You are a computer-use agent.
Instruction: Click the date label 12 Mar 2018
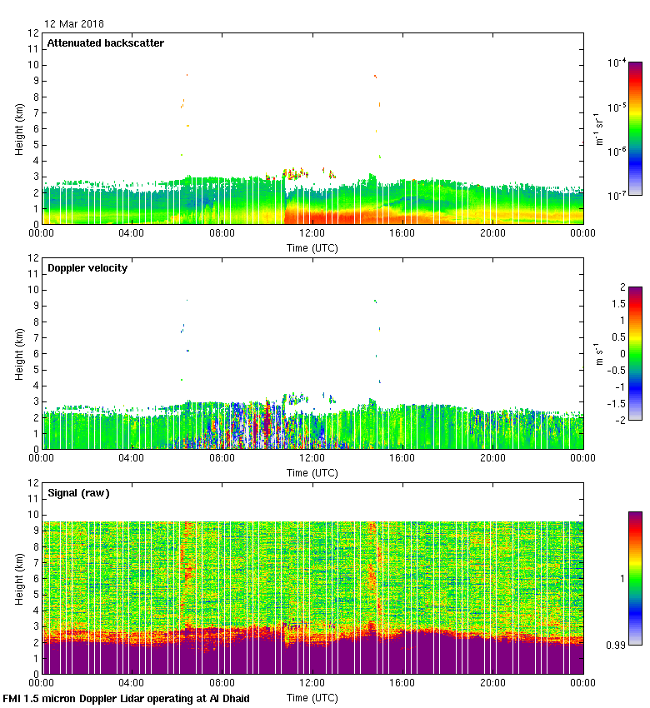coord(74,24)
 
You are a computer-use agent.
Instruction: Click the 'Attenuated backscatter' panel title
coord(106,43)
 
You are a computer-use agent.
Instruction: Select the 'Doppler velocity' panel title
coord(87,268)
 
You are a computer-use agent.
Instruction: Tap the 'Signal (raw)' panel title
coord(78,493)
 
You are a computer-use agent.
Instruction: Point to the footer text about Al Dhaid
coord(127,698)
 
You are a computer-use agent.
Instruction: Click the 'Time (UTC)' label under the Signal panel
coord(312,697)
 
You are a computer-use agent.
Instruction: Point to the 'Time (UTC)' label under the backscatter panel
coord(312,247)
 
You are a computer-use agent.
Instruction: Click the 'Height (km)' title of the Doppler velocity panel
coord(19,354)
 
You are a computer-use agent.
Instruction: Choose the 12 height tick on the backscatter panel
coord(33,33)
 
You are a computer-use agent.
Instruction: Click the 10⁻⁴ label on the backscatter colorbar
coord(617,62)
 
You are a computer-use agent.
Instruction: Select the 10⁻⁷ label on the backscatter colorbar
coord(617,195)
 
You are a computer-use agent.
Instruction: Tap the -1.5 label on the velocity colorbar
coord(615,403)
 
